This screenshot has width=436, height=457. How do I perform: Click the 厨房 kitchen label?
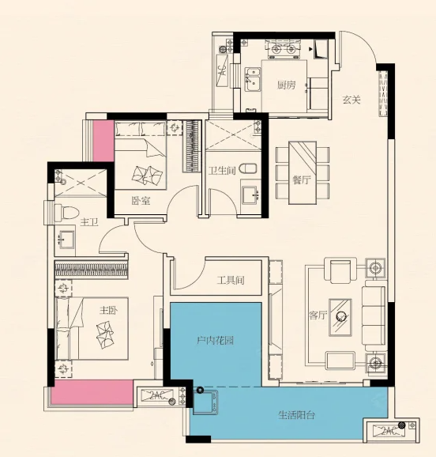(286, 85)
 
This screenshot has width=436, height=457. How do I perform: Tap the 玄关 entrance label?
(351, 100)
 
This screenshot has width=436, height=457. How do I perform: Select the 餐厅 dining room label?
(302, 180)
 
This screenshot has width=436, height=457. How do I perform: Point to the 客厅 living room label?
(318, 315)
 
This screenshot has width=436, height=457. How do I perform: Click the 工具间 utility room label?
(231, 281)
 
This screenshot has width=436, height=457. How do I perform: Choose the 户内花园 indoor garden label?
(215, 340)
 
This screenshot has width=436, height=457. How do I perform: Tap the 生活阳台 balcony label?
(296, 415)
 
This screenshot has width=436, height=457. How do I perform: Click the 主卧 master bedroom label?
(109, 311)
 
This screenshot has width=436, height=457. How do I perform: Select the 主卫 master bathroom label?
(89, 223)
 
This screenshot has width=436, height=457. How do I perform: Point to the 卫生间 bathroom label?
(222, 171)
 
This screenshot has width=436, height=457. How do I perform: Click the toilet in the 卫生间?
(248, 168)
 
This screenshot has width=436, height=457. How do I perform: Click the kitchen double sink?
(253, 79)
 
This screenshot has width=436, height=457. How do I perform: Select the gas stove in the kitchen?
(283, 50)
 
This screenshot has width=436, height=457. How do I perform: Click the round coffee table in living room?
(340, 315)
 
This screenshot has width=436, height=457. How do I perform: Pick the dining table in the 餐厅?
(303, 173)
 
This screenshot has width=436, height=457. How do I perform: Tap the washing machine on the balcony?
(205, 402)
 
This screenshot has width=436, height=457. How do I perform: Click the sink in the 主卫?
(67, 240)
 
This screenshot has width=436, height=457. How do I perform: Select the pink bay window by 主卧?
(92, 392)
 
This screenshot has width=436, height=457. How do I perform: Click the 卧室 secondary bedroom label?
(141, 201)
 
